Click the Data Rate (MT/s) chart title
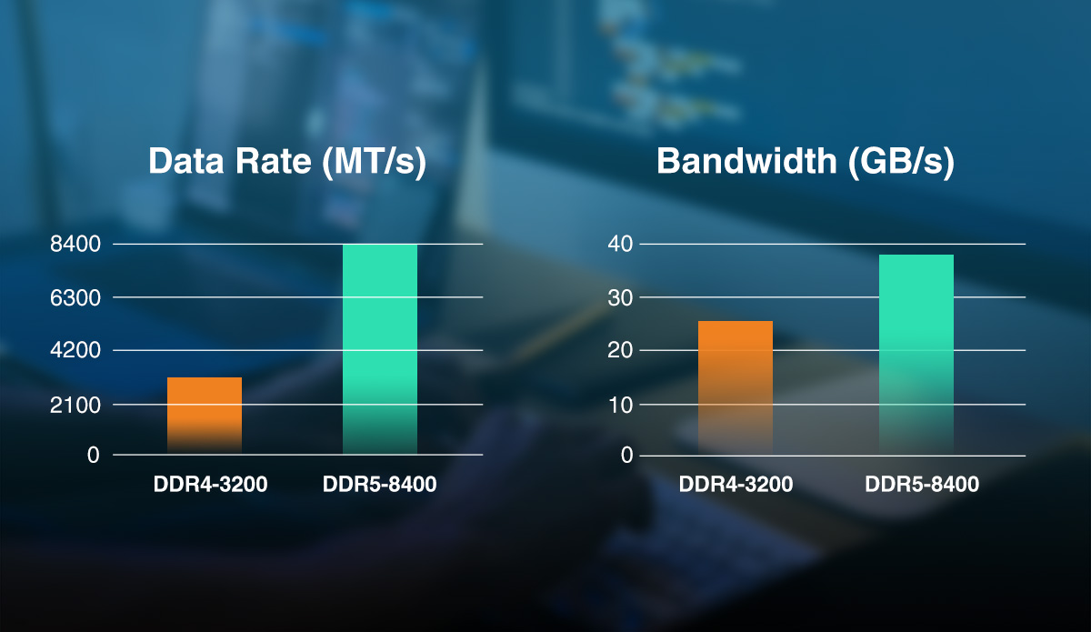(287, 162)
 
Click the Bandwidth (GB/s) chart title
(806, 162)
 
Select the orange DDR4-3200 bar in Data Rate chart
(205, 414)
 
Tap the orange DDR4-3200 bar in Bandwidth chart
(735, 386)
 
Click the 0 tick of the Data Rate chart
(93, 455)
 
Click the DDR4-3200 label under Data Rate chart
(210, 485)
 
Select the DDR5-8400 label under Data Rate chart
(379, 485)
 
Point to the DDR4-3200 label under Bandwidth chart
(736, 485)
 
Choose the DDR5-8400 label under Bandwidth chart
(922, 485)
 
